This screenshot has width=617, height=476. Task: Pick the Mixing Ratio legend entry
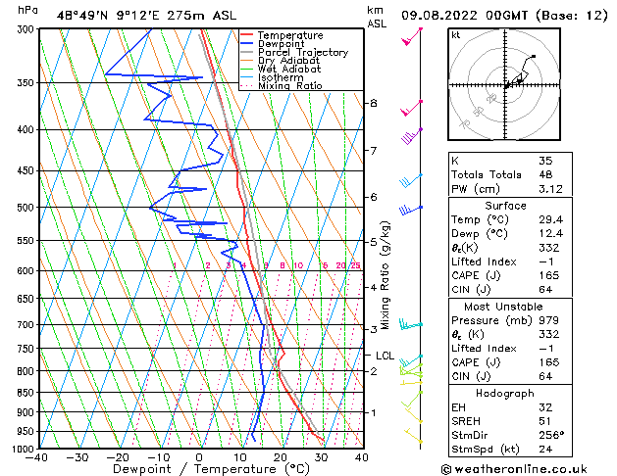pyautogui.click(x=289, y=86)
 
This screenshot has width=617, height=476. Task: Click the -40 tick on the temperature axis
pyautogui.click(x=38, y=457)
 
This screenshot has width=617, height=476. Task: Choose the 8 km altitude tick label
pyautogui.click(x=374, y=103)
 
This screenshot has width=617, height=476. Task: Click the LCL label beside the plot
pyautogui.click(x=385, y=357)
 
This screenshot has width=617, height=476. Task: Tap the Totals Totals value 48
pyautogui.click(x=545, y=174)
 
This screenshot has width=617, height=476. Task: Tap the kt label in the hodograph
pyautogui.click(x=455, y=34)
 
